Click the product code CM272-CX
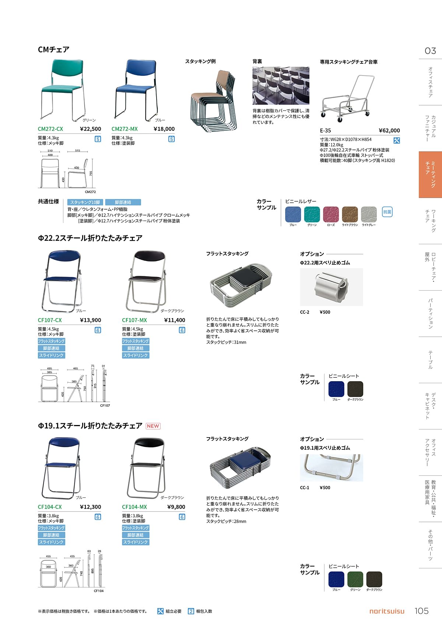coord(50,129)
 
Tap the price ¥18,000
coord(164,129)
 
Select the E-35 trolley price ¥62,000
coord(389,130)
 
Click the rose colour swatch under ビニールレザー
coord(331,214)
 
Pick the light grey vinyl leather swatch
coord(369,214)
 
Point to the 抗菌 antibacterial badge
coord(387,212)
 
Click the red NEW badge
coord(153,426)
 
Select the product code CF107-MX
coord(134,320)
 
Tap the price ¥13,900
coord(90,320)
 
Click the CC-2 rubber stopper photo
coord(331,287)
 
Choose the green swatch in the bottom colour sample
coord(355,579)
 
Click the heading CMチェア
coord(53,49)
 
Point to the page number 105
coord(421,611)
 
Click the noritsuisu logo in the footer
coord(386,611)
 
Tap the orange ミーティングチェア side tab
coord(430,175)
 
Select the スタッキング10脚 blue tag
coord(85,202)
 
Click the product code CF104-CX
coord(50,507)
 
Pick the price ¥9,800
coord(176,507)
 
